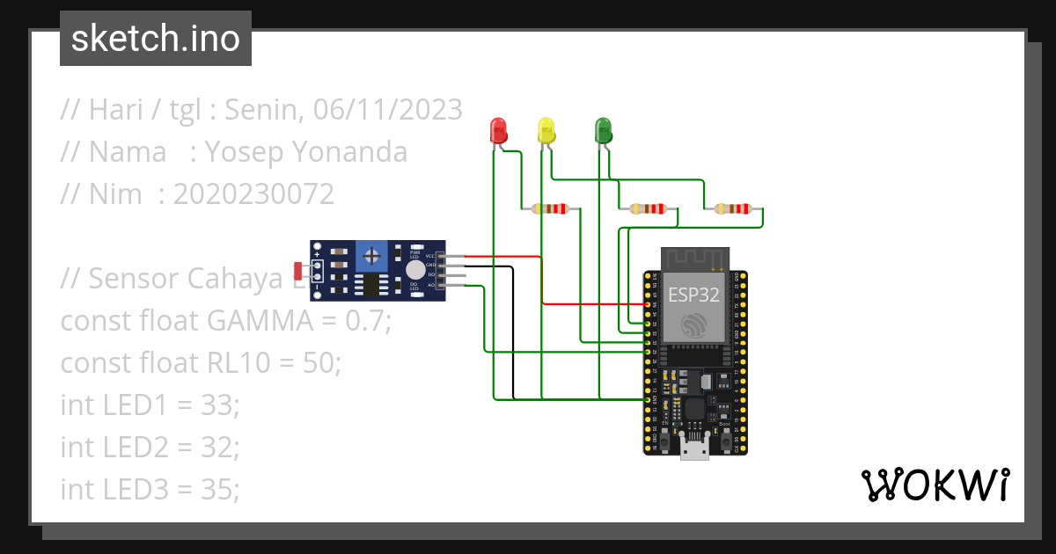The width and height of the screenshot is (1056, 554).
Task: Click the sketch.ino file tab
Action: coord(155,39)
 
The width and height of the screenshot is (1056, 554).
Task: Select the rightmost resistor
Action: coord(733,209)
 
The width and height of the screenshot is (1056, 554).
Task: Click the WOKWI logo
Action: coord(935,485)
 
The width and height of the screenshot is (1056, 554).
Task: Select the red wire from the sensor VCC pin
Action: coord(502,257)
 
